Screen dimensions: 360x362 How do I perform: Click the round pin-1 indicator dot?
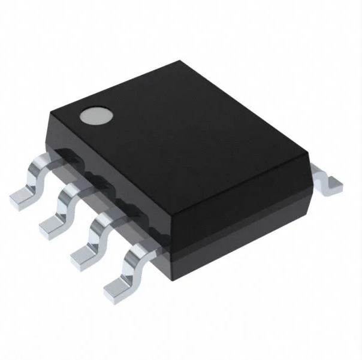click(96, 114)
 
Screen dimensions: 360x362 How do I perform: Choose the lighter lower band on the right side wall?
click(240, 240)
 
